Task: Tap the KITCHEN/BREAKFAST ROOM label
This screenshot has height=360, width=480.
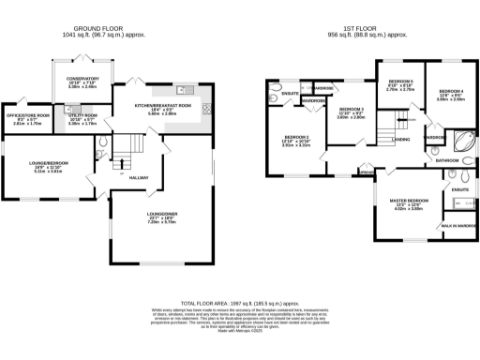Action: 162,105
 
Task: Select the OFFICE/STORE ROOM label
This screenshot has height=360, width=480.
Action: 27,115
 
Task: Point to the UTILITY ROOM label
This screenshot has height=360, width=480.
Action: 83,115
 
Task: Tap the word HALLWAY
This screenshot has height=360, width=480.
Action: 139,177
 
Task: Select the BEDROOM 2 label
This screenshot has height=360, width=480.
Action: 296,137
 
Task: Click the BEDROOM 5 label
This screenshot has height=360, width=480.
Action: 400,82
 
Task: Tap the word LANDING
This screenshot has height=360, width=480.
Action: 400,140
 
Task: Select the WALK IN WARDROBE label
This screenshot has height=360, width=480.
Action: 459,226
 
